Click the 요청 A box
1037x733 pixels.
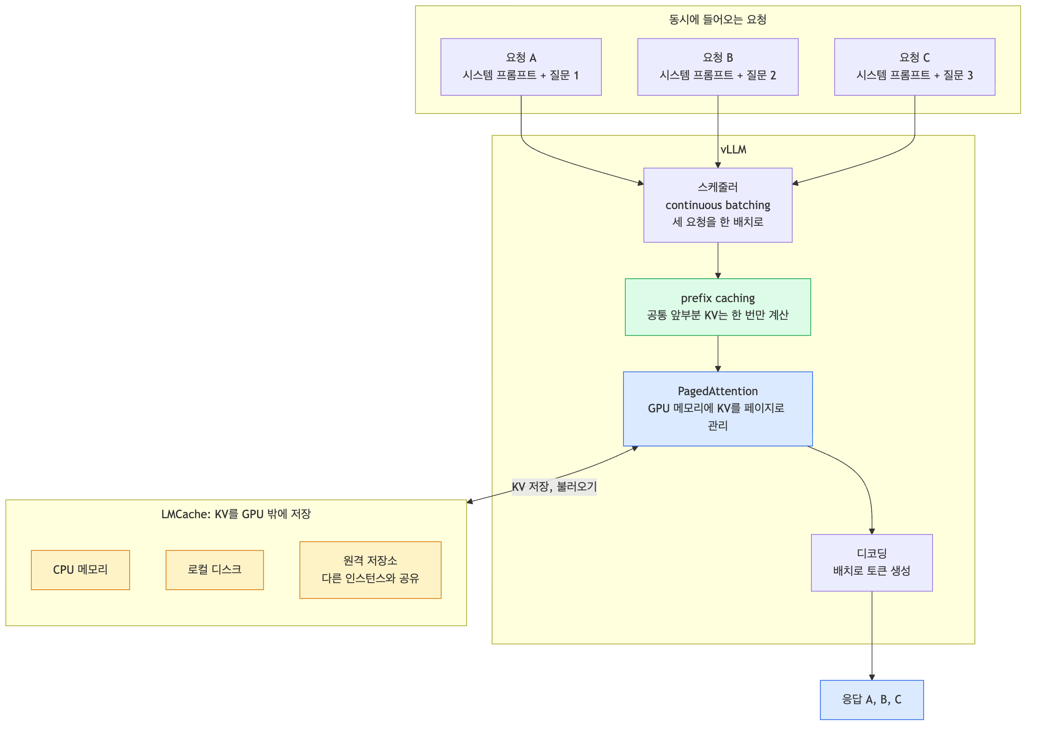point(521,67)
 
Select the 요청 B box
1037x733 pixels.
point(718,67)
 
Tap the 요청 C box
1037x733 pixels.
point(914,67)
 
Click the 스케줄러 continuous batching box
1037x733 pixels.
point(718,205)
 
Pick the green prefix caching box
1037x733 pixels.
point(718,307)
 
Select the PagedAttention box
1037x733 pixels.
point(718,409)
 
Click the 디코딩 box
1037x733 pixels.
point(872,563)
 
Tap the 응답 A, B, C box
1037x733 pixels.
point(872,699)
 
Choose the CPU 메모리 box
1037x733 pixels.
point(80,570)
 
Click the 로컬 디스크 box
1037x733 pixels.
point(215,570)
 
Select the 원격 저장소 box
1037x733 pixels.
point(370,570)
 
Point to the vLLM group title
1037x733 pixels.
point(734,150)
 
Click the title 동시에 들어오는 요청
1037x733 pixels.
point(718,19)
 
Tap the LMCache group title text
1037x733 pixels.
point(236,514)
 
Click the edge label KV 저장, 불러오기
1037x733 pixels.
point(554,487)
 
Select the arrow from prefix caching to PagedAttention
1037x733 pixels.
point(718,354)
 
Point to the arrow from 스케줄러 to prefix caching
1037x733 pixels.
point(718,261)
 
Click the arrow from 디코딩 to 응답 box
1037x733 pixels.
point(872,636)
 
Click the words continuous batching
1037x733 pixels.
point(718,205)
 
